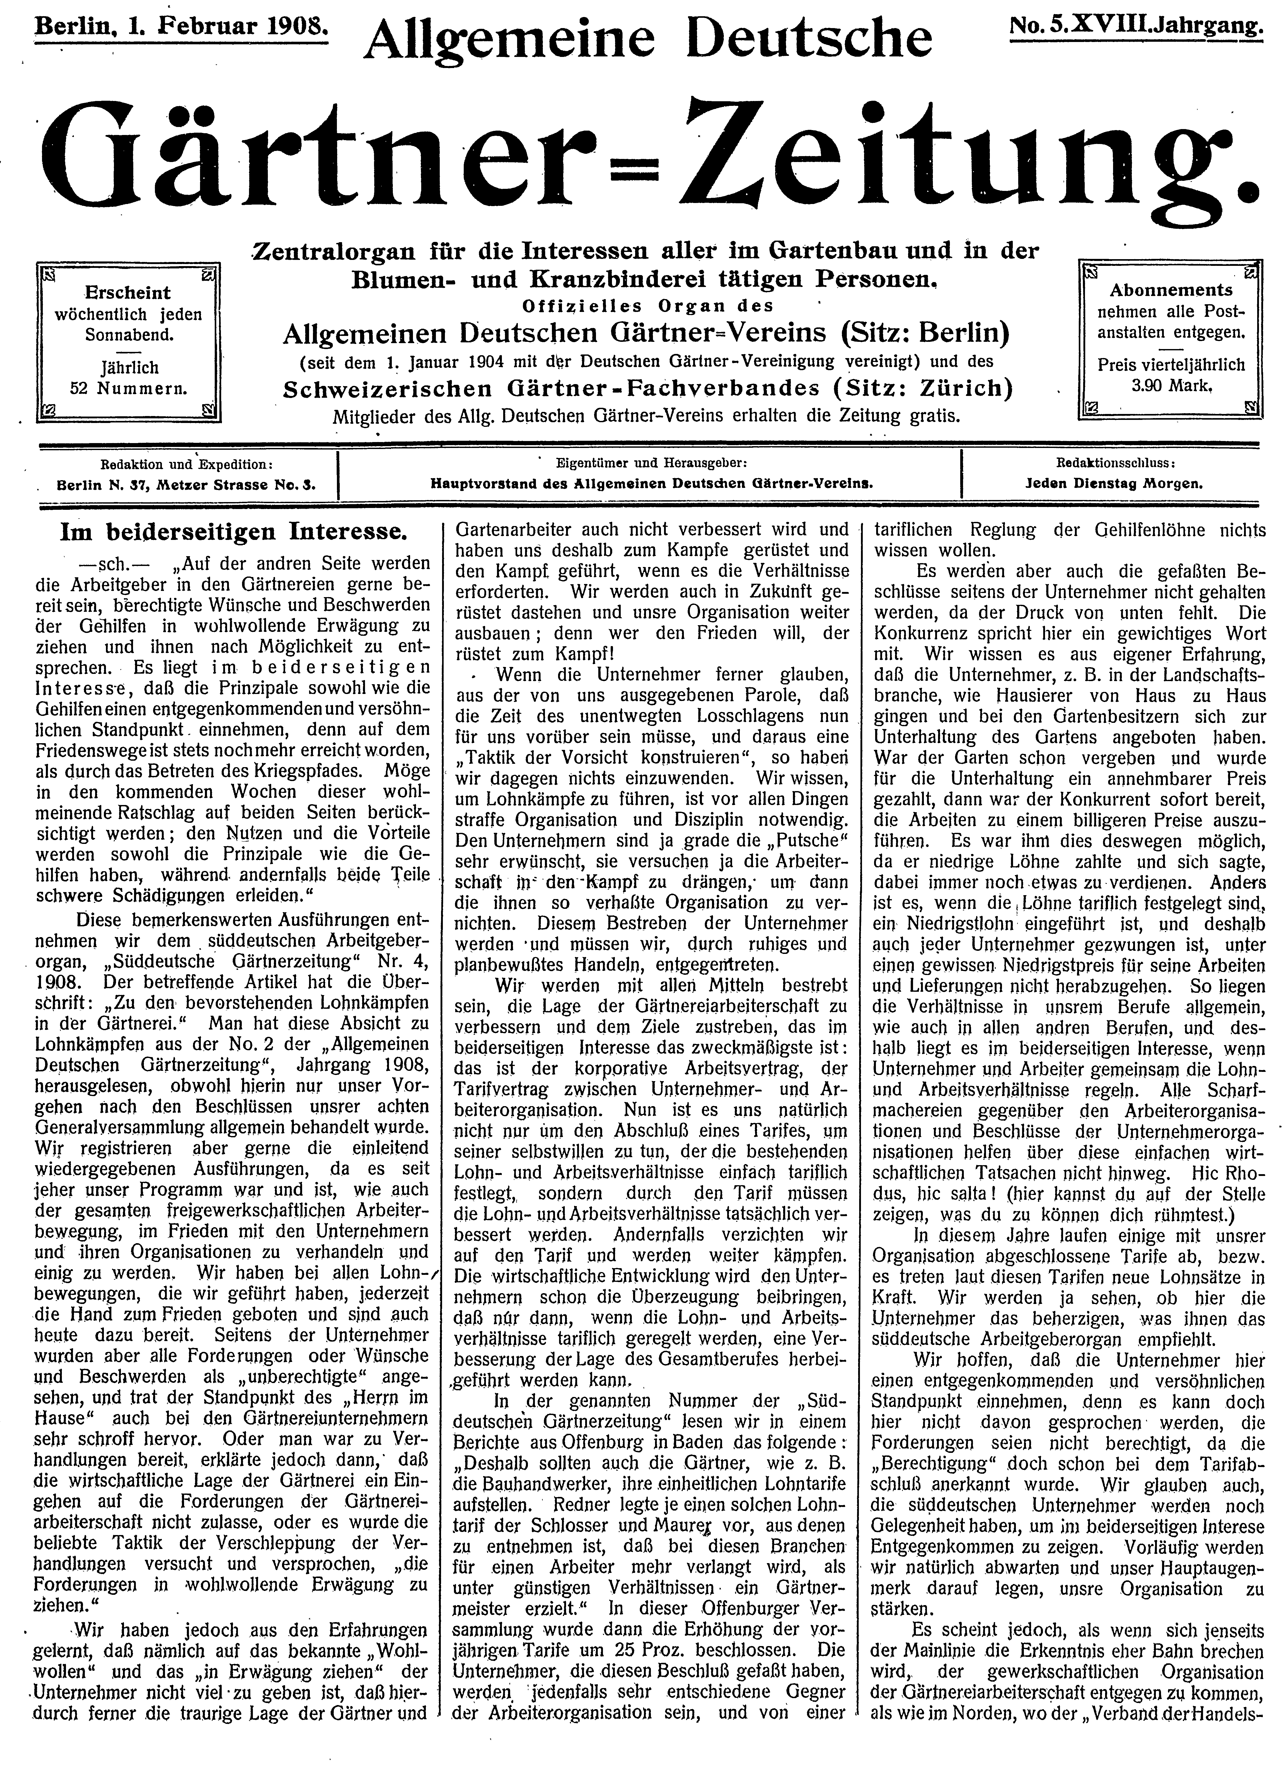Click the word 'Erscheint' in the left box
tap(127, 293)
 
